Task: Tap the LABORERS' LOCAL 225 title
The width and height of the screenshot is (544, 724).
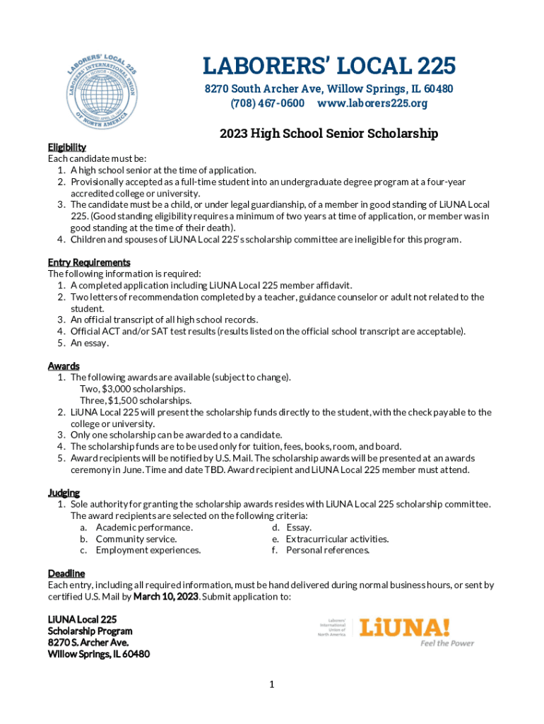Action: pos(329,66)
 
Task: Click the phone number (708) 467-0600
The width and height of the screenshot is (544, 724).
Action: pos(267,103)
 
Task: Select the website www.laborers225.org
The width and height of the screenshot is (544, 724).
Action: pos(372,103)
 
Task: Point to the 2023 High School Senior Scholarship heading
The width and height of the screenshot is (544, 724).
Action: pos(329,134)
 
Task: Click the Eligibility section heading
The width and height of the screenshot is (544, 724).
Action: pos(67,147)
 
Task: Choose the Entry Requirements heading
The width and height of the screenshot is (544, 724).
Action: pos(89,262)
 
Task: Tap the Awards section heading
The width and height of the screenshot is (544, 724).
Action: pos(64,366)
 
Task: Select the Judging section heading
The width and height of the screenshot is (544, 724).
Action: pos(64,493)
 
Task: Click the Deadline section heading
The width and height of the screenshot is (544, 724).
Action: pos(66,573)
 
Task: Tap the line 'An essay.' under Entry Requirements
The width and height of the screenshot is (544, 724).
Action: pos(90,343)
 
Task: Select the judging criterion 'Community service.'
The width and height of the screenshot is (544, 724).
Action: pos(136,539)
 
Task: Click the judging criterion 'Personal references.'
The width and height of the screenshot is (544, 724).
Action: pos(328,550)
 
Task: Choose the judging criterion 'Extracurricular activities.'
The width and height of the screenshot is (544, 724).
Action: pos(337,539)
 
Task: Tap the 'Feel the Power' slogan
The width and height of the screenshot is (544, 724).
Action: pos(447,643)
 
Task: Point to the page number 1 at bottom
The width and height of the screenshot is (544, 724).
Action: pos(271,684)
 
